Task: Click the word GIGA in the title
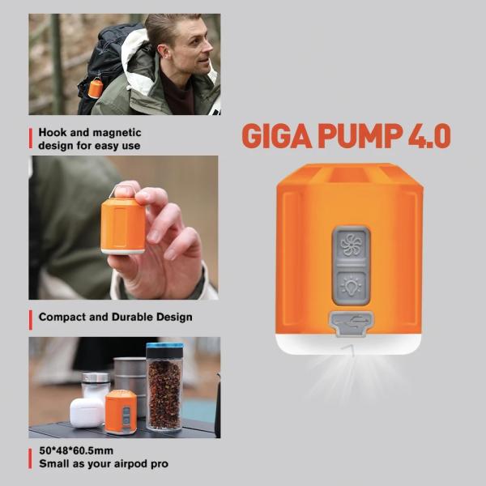point(277,136)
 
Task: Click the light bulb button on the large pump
point(352,286)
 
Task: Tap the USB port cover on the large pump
point(352,323)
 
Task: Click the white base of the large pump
point(348,344)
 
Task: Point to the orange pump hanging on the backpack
point(95,88)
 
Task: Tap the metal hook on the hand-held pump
point(120,190)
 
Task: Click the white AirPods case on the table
point(87,412)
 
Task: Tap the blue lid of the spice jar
point(164,346)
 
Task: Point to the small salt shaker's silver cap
point(96,377)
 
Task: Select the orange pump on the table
point(121,411)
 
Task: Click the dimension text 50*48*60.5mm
point(76,450)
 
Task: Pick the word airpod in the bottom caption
point(130,464)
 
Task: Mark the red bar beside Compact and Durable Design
point(31,320)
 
